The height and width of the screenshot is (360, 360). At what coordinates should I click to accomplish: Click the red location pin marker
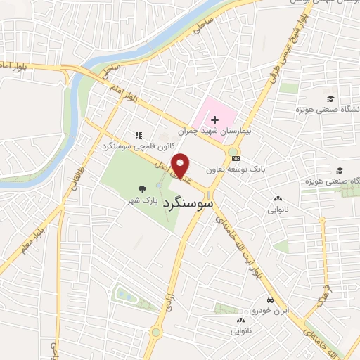181,165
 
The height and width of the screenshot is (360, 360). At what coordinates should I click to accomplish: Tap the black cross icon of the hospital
214,121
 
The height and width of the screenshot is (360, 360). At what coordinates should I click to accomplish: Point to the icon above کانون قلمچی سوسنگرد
139,134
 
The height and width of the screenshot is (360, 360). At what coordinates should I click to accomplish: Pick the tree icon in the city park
143,188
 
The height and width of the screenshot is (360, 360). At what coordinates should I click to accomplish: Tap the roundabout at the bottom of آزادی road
155,332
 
